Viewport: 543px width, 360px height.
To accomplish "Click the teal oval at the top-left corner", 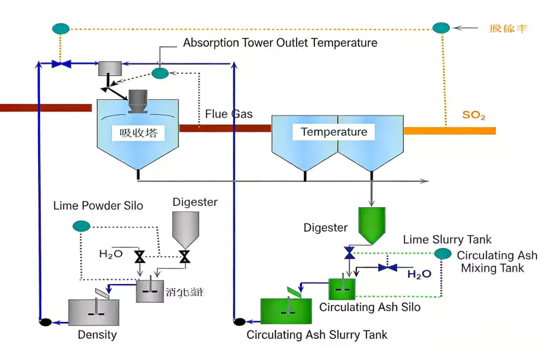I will (61, 29).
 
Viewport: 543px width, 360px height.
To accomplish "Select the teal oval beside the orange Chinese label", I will (441, 28).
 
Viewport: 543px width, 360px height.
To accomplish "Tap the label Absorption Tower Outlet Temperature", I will (280, 43).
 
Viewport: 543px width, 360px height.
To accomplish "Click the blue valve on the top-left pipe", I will (61, 64).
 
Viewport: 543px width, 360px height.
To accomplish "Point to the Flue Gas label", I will (229, 114).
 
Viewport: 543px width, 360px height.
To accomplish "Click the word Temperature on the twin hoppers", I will (334, 132).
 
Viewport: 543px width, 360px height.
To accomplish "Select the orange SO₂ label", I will (473, 115).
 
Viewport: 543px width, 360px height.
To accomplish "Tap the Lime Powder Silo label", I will (98, 205).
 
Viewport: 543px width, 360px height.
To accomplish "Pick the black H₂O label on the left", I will (111, 254).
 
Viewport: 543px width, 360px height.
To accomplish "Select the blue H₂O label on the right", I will (419, 274).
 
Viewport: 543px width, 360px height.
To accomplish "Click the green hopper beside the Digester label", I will (371, 225).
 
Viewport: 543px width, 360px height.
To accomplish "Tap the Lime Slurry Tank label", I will (447, 239).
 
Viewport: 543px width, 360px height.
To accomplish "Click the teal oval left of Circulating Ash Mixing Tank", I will (443, 253).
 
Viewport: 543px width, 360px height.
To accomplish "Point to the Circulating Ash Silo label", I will (370, 307).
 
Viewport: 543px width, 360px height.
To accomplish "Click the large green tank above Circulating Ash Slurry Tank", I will (286, 310).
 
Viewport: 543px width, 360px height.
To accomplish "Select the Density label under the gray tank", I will (97, 334).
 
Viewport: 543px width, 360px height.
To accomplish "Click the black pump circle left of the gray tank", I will (45, 321).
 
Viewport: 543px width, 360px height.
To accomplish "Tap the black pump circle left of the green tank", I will (238, 321).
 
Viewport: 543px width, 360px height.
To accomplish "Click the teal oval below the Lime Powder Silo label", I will (81, 226).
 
